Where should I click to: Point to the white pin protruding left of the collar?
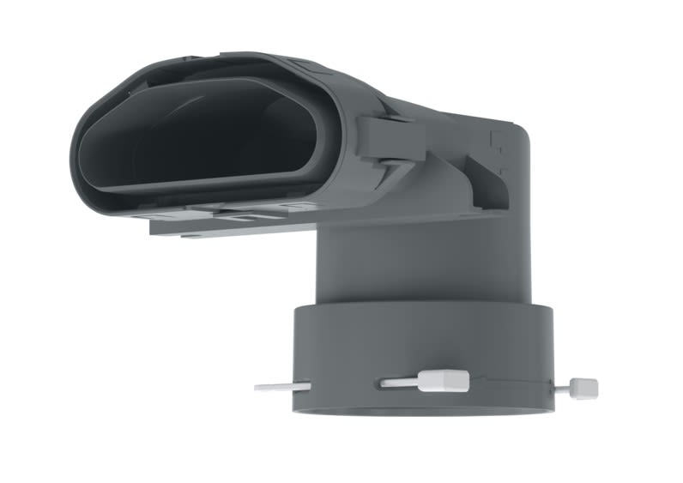pyautogui.click(x=279, y=387)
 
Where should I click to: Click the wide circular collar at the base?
pyautogui.click(x=420, y=343)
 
